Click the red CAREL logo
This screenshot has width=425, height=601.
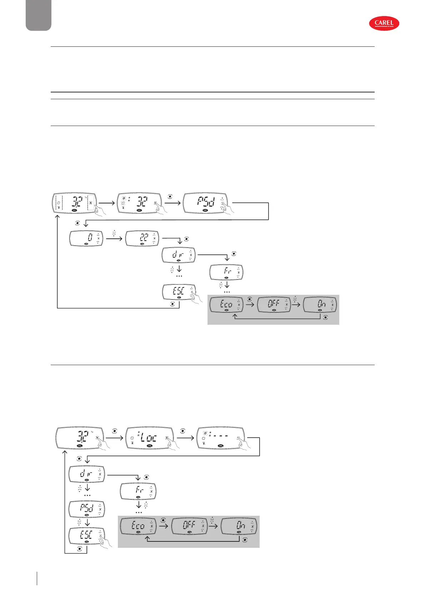pyautogui.click(x=384, y=24)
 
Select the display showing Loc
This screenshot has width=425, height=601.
pyautogui.click(x=150, y=438)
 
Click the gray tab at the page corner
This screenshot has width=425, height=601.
pyautogui.click(x=39, y=15)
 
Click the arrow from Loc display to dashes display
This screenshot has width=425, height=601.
pyautogui.click(x=186, y=438)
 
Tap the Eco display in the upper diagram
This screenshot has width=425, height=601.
pyautogui.click(x=226, y=304)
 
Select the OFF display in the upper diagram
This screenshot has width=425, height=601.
pyautogui.click(x=274, y=304)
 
